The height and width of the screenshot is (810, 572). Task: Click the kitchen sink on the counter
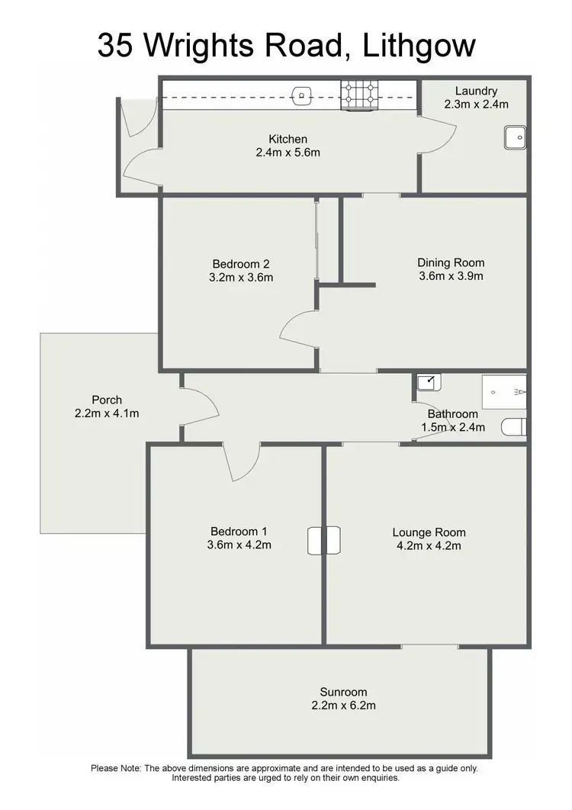pos(302,95)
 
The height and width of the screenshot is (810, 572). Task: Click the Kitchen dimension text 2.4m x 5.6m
pos(288,153)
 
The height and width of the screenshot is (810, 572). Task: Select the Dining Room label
pos(451,263)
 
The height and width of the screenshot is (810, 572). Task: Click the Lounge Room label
pos(429,532)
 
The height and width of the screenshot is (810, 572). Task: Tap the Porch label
pos(106,400)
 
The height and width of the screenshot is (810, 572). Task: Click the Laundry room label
pos(476,91)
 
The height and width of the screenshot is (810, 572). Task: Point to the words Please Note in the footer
pos(115,768)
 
